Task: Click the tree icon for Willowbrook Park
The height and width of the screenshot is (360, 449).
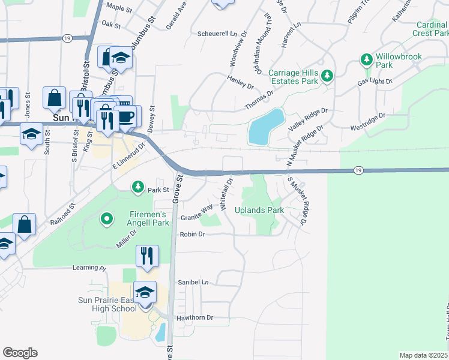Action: [x=366, y=59]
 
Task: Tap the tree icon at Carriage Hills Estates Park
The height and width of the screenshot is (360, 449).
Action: [x=327, y=76]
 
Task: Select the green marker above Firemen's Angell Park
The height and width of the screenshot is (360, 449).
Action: [x=107, y=220]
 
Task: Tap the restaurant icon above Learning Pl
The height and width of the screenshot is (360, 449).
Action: [x=146, y=256]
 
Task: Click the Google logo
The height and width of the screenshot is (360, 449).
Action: [x=20, y=353]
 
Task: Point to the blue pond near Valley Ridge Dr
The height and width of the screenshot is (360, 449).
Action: [x=265, y=127]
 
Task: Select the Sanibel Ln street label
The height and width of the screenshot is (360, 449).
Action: [x=193, y=281]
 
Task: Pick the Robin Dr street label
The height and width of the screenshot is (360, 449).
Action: [x=193, y=235]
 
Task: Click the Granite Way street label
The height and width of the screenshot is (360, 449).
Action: [x=197, y=210]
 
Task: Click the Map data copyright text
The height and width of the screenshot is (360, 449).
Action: [x=424, y=355]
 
